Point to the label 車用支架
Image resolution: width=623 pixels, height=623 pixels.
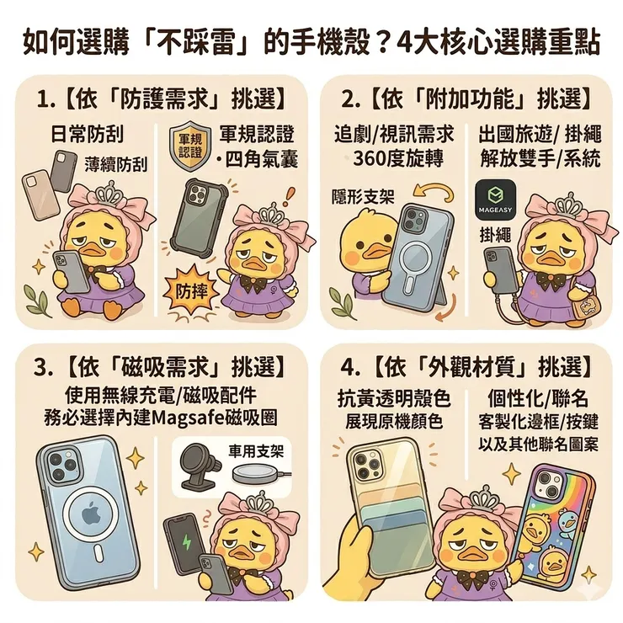[x=256, y=451]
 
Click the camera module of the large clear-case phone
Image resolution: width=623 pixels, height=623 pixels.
[x=63, y=466]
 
